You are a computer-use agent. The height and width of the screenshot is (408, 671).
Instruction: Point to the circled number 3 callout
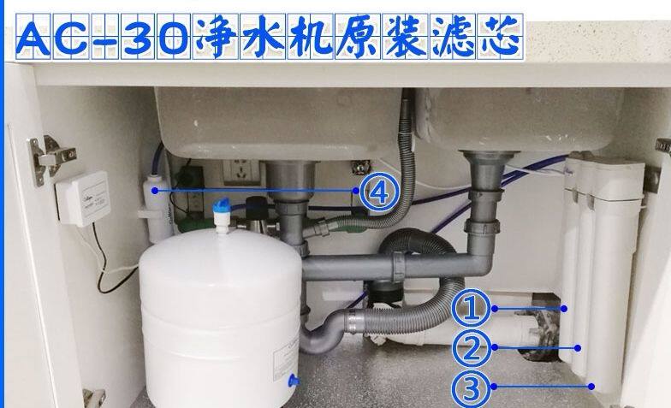(470, 388)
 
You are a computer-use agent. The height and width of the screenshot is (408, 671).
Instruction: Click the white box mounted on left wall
(83, 198)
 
